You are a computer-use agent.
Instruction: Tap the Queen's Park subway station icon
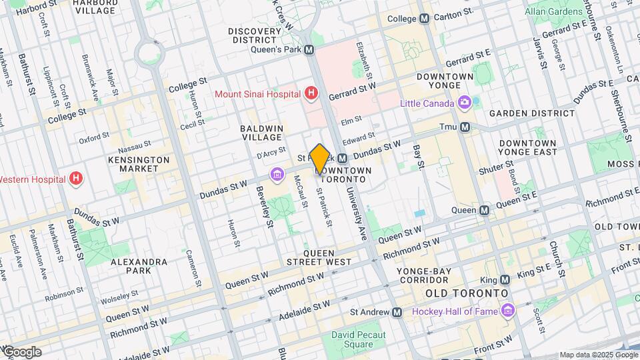click(309, 49)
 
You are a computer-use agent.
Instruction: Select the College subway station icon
click(425, 19)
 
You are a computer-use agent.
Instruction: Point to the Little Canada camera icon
click(465, 103)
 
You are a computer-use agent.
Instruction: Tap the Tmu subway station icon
click(465, 127)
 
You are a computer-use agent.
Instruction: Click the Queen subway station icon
click(485, 210)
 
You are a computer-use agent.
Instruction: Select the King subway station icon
click(505, 279)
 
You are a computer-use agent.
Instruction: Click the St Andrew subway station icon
click(397, 311)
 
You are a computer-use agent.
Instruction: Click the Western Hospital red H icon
click(77, 179)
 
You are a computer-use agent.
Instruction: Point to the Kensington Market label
click(139, 165)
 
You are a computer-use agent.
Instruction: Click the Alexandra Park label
click(139, 267)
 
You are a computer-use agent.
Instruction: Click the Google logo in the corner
click(21, 351)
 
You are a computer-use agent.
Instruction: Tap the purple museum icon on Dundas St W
click(277, 175)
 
